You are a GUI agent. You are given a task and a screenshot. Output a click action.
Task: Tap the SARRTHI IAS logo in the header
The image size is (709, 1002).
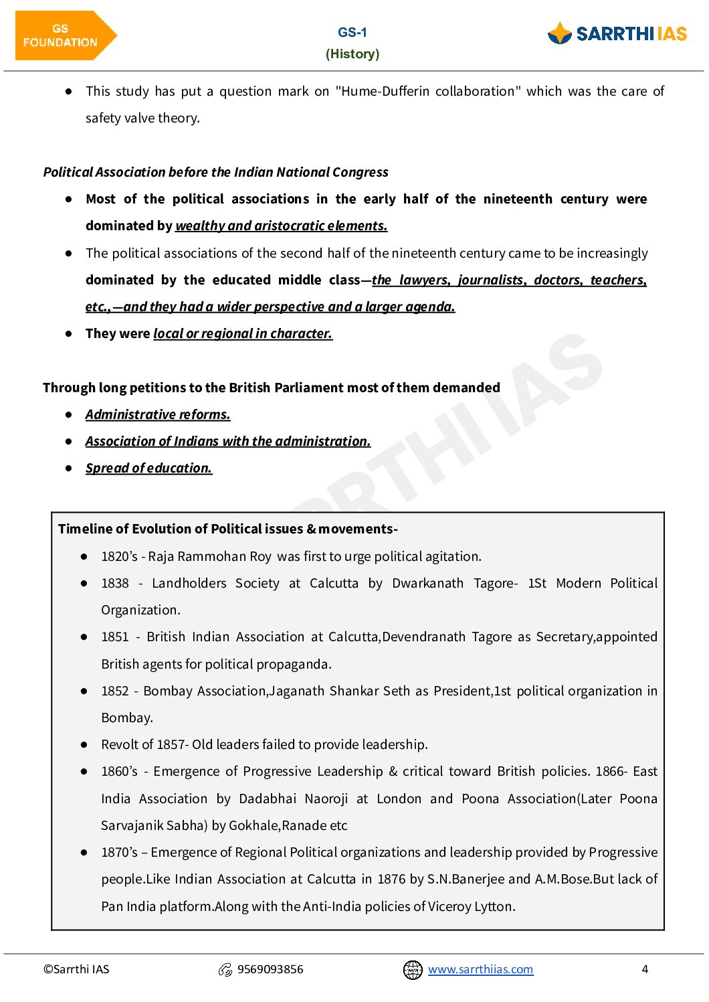tap(617, 33)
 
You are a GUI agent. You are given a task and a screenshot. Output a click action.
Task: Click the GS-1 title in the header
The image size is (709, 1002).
tap(352, 32)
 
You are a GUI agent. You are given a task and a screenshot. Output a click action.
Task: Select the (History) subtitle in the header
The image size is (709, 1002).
tap(352, 54)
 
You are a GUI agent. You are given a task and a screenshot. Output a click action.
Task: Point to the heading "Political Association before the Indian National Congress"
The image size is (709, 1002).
tap(215, 172)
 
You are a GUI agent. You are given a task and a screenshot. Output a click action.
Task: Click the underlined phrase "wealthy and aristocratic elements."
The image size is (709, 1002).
tap(281, 226)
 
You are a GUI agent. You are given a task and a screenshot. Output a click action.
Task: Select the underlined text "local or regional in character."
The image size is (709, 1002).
tap(243, 334)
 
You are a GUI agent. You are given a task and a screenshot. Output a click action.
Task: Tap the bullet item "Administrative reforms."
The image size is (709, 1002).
tap(158, 415)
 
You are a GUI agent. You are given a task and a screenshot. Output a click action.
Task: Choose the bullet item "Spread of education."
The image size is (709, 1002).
tap(148, 469)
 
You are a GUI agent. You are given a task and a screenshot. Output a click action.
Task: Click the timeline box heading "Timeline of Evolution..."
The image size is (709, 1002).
tap(227, 529)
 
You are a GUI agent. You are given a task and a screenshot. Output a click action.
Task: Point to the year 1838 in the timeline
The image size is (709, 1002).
tap(115, 584)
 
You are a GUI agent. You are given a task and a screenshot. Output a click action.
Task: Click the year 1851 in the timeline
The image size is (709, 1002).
tap(115, 637)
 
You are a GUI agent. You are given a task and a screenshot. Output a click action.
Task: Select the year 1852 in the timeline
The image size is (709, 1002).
tap(115, 691)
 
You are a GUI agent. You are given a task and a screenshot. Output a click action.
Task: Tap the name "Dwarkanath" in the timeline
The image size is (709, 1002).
tap(427, 584)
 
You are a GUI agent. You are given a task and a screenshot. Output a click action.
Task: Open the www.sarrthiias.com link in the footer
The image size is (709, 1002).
tap(480, 969)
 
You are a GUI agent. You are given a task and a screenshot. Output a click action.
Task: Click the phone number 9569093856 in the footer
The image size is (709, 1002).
tap(270, 969)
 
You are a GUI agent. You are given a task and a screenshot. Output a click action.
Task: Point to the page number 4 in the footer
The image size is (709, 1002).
tap(645, 969)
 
